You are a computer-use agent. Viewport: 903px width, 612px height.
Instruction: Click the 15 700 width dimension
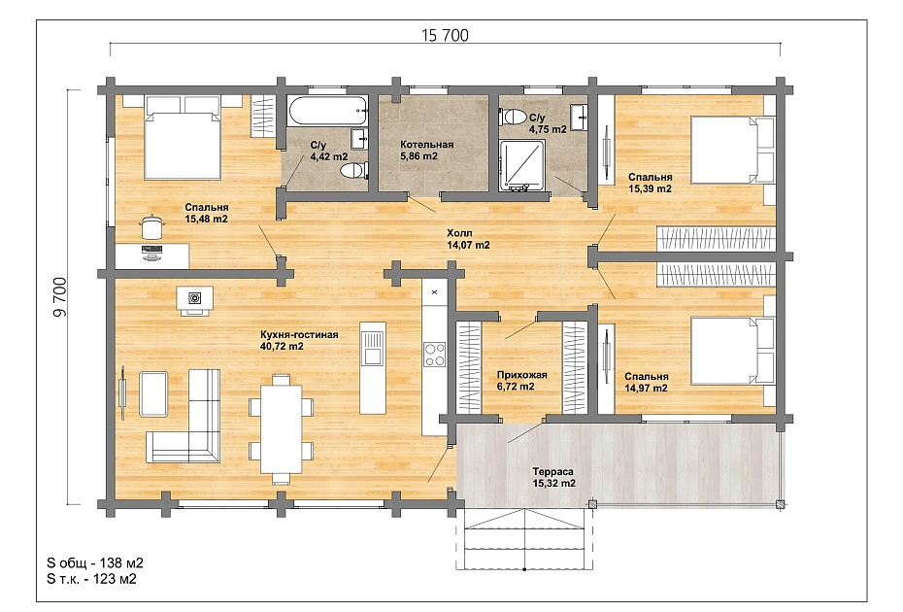(x=445, y=35)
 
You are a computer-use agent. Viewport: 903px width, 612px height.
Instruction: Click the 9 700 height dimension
(x=60, y=297)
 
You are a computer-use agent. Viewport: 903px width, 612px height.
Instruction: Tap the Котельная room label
(x=426, y=145)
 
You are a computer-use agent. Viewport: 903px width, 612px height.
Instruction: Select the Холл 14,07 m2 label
(x=468, y=239)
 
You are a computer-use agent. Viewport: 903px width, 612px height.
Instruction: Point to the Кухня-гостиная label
(x=299, y=335)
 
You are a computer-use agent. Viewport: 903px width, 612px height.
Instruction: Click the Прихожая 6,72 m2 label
(x=521, y=381)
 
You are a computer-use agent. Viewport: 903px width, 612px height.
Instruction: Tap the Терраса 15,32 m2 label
(x=553, y=477)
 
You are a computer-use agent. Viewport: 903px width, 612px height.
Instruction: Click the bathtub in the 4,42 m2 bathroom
(x=327, y=111)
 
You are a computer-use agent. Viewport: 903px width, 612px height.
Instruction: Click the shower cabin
(x=521, y=165)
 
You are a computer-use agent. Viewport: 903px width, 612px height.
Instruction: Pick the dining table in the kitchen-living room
(x=281, y=427)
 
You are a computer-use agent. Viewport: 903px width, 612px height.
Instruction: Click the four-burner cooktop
(x=434, y=355)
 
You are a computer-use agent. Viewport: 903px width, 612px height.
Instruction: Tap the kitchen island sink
(x=373, y=348)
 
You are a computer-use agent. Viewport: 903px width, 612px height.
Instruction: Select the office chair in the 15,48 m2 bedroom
(x=150, y=226)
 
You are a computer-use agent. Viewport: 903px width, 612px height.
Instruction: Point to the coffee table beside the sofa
(x=153, y=393)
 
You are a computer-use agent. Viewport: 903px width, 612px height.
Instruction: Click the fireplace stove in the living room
(x=194, y=299)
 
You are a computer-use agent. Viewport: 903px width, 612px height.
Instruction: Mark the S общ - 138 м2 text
(x=95, y=563)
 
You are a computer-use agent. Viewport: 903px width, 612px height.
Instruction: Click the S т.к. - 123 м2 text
(x=91, y=579)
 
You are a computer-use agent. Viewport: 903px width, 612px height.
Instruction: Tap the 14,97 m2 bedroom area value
(x=646, y=388)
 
